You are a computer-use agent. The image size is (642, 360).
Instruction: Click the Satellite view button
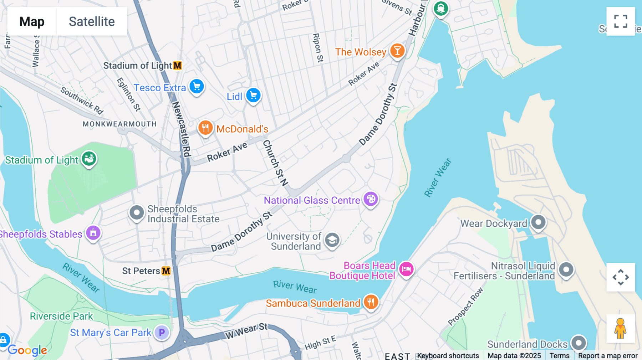[x=92, y=21]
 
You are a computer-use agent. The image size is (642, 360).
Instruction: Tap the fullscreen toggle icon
[x=621, y=21]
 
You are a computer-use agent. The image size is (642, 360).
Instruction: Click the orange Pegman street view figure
[x=620, y=329]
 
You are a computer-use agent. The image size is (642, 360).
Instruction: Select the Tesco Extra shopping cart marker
[x=197, y=87]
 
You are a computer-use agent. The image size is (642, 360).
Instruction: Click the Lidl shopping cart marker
[x=253, y=96]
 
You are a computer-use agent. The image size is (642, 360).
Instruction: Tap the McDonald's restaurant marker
[x=205, y=128]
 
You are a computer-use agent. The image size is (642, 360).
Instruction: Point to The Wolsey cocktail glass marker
[x=397, y=51]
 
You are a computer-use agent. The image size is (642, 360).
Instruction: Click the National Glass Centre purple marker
[x=371, y=199]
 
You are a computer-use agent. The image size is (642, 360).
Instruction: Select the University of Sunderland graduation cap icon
[x=332, y=240]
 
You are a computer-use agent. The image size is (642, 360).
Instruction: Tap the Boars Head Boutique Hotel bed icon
[x=406, y=269]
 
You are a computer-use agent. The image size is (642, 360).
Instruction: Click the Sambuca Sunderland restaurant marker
[x=371, y=302]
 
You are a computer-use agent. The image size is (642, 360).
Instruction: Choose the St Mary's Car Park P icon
[x=162, y=333]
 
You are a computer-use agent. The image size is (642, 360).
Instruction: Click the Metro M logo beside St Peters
[x=166, y=271]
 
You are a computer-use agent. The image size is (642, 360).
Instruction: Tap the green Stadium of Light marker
[x=89, y=158]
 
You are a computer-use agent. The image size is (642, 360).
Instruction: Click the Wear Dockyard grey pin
[x=538, y=222]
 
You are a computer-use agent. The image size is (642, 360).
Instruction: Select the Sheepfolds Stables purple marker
[x=93, y=233]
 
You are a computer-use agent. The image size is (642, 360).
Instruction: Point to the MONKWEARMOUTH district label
[x=119, y=124]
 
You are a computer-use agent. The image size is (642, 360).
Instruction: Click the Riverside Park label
[x=61, y=316]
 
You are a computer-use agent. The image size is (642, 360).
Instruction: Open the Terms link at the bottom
[x=559, y=355]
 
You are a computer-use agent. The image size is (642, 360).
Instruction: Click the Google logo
[x=27, y=350]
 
